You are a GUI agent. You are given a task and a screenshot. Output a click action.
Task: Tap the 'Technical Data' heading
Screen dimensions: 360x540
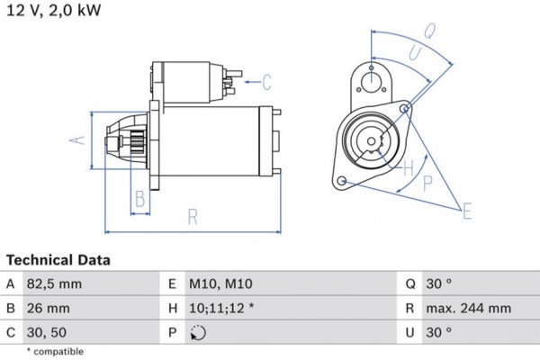[58, 260]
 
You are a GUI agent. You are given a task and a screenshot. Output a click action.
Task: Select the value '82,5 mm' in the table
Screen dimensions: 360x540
[56, 283]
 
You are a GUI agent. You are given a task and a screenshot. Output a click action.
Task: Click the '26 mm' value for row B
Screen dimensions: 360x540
[48, 308]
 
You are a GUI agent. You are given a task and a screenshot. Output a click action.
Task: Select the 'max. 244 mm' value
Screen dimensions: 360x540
[469, 308]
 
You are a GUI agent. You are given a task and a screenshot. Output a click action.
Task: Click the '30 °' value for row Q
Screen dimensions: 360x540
[439, 283]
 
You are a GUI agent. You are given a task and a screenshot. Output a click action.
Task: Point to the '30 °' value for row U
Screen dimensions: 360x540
[439, 332]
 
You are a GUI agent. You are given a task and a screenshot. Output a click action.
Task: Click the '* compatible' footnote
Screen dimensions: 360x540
[55, 351]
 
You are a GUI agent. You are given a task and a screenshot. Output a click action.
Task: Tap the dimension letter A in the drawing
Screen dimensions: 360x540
[78, 139]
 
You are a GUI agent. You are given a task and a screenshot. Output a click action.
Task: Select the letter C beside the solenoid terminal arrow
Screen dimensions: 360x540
[266, 83]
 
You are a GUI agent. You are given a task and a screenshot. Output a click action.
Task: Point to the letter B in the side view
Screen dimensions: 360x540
[139, 198]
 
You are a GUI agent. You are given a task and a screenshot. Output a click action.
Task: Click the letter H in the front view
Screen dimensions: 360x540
[408, 167]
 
